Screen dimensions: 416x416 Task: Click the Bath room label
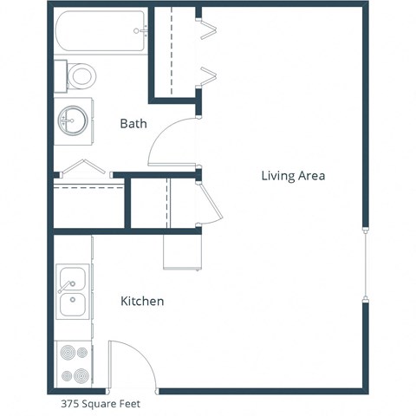[133, 124]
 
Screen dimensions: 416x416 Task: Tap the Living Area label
[293, 176]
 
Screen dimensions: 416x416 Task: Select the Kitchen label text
[142, 302]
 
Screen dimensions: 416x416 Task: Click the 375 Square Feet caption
[101, 403]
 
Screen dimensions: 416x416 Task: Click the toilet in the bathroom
[81, 75]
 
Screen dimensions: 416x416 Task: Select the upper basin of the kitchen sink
[72, 280]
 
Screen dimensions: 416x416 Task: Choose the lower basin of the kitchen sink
[72, 305]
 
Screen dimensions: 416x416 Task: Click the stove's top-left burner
[64, 353]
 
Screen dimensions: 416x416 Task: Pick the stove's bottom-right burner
[81, 376]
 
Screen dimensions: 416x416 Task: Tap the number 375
[71, 403]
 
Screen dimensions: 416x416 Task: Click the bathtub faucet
[140, 32]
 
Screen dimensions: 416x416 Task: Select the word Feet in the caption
[128, 403]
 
